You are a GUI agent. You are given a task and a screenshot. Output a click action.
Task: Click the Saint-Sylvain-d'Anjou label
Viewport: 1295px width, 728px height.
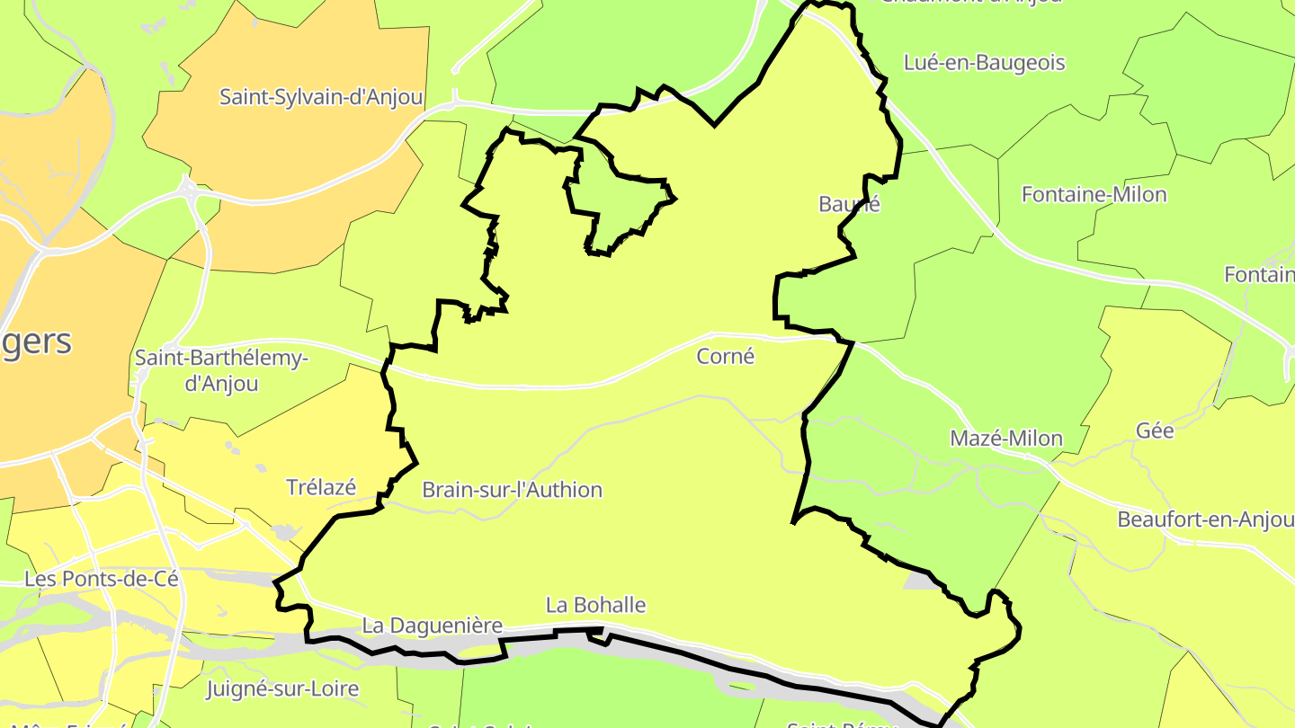[321, 97]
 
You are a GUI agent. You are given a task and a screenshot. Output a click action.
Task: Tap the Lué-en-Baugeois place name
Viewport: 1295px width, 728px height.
[984, 63]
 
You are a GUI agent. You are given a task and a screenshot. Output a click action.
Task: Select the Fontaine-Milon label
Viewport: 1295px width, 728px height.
[1094, 194]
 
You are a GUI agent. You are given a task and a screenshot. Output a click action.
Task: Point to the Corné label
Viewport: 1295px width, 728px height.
[725, 357]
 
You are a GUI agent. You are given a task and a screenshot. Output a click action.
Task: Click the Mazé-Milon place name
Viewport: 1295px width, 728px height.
[1006, 439]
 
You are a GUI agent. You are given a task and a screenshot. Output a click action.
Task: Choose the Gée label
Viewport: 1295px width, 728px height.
[1155, 431]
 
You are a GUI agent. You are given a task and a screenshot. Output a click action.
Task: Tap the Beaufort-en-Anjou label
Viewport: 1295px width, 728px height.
[1205, 519]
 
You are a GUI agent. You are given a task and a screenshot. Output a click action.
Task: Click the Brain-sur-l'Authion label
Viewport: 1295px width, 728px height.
[512, 490]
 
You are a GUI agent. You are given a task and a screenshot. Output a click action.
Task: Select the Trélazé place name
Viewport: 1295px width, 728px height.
[321, 487]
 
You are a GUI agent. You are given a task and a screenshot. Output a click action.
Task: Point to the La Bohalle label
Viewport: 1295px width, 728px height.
[595, 605]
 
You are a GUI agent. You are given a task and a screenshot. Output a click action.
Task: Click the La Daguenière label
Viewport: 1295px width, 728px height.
[432, 625]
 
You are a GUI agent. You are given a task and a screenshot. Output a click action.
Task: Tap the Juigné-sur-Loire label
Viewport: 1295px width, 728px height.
[282, 689]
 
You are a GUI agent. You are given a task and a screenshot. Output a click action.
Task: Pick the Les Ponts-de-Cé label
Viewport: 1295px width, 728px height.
[102, 579]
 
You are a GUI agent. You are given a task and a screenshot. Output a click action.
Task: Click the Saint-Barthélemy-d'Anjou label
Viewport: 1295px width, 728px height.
[221, 370]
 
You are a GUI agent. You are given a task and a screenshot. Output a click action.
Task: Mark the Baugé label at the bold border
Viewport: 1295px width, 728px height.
[849, 204]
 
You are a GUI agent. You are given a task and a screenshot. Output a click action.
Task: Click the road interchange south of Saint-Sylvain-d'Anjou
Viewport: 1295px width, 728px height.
[187, 190]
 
